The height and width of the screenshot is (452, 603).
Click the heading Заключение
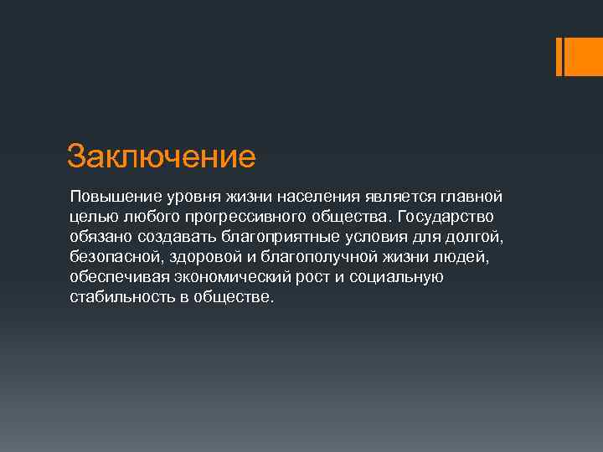tap(160, 156)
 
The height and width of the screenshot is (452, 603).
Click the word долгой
tap(481, 237)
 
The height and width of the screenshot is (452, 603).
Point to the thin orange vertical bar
tap(559, 56)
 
